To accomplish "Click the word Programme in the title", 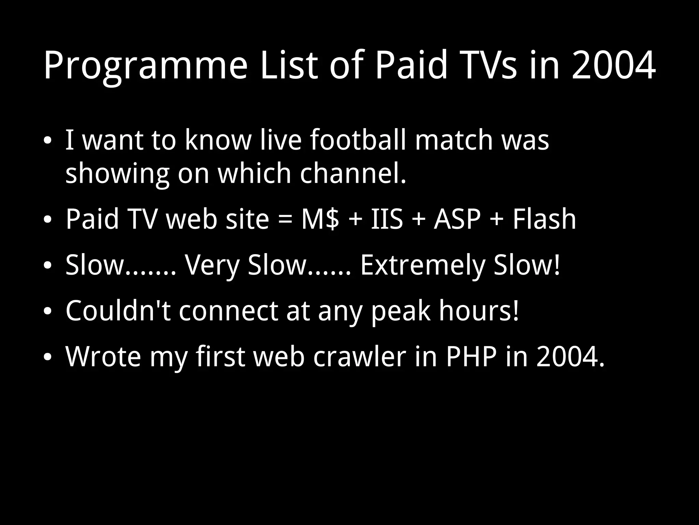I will pos(145,66).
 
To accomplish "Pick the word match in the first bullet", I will pos(454,140).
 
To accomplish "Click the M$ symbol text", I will pos(320,219).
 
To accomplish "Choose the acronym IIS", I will pos(387,219).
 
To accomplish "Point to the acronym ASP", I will pos(457,219).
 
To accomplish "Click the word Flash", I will pos(544,219).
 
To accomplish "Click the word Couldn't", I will pos(118,311).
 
